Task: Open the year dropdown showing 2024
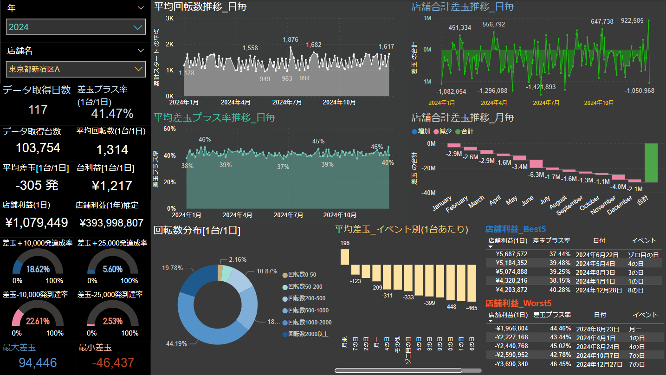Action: point(76,27)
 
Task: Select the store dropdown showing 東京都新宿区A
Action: point(76,69)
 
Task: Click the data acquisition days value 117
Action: point(38,110)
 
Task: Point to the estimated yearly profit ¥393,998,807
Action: point(111,223)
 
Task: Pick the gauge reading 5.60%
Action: point(113,269)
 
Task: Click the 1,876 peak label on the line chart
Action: point(291,40)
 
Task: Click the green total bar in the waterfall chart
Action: point(651,162)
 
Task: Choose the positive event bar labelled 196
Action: point(345,257)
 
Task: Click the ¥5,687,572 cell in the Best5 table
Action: point(511,254)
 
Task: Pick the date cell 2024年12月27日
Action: point(598,364)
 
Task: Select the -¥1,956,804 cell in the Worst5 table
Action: point(510,328)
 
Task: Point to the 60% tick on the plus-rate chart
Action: point(169,129)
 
